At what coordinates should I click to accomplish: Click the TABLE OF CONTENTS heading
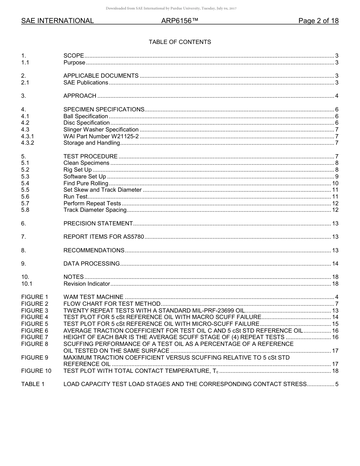180,42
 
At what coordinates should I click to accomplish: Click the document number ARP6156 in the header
180,21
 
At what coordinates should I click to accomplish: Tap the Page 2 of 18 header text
318,21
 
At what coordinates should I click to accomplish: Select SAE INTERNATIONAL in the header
58,21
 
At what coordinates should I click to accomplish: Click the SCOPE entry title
74,56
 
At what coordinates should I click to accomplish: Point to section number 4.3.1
28,136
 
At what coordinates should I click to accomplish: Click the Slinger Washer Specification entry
101,130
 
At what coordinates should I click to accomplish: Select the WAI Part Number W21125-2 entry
101,136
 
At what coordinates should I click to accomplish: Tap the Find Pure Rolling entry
86,183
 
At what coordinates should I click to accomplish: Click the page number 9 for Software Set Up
337,177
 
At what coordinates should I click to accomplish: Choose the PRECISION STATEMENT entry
98,224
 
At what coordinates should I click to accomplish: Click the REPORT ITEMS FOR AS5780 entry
104,237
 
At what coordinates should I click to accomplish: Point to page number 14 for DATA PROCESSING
335,264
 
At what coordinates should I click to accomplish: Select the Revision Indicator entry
87,284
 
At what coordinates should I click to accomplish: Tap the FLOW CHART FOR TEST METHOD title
112,304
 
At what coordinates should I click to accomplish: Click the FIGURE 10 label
36,371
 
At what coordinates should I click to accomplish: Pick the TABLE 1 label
33,384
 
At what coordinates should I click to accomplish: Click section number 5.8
25,210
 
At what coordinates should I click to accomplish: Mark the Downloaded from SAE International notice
171,8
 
